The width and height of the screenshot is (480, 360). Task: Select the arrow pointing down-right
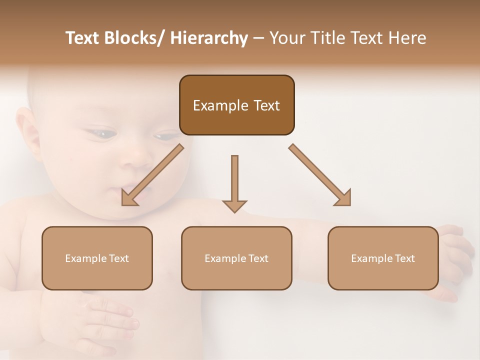tap(320, 175)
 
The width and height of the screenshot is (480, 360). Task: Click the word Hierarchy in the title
tap(209, 38)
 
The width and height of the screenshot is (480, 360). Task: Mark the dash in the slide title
tap(258, 38)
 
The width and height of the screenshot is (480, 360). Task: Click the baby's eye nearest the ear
tap(102, 133)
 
